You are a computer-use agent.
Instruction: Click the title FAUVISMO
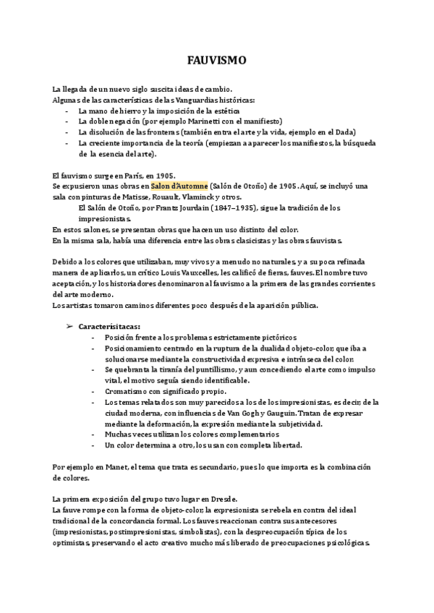click(x=217, y=61)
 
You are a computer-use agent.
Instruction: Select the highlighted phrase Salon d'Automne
click(x=179, y=187)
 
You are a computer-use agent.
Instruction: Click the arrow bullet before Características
click(x=70, y=326)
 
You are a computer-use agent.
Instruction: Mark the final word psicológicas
click(x=342, y=543)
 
